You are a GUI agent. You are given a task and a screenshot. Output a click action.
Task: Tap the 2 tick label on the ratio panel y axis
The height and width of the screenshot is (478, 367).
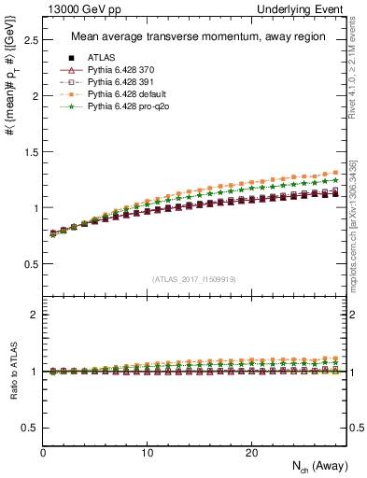[33, 315]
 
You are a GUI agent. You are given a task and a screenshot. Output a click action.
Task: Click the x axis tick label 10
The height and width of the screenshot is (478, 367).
[147, 452]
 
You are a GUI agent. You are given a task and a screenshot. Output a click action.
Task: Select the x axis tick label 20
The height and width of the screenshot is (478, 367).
[251, 452]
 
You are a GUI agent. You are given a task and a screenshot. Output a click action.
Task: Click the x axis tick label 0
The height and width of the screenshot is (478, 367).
[43, 452]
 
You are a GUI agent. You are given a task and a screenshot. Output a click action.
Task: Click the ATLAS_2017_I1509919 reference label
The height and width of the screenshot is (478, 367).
[194, 279]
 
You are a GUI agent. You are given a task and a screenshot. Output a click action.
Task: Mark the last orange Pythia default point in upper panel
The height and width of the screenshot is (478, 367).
[335, 173]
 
